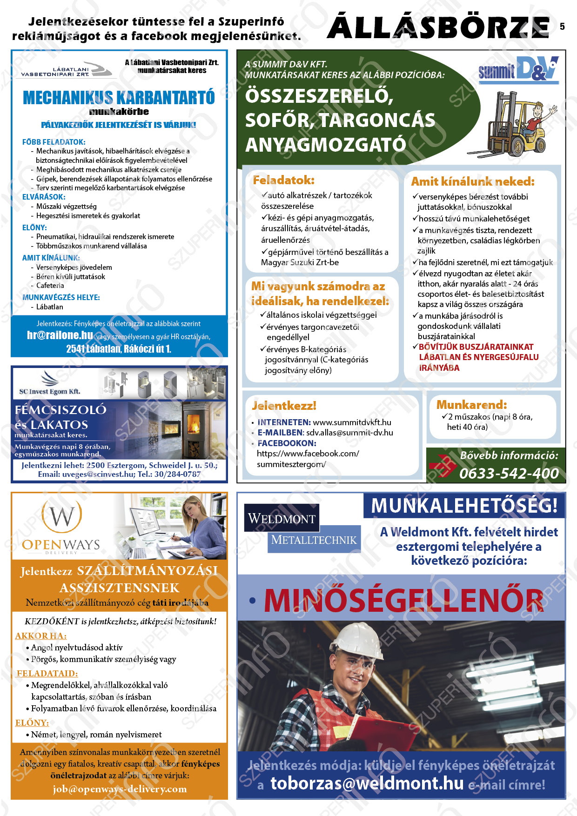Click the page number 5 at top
click(562, 27)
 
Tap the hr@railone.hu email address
click(60, 335)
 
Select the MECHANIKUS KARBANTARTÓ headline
click(119, 98)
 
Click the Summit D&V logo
click(518, 70)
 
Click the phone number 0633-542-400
click(509, 473)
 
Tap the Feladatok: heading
click(283, 180)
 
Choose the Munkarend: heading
click(471, 404)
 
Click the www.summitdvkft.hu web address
click(352, 422)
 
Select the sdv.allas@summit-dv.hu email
click(349, 433)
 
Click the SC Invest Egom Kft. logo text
click(49, 391)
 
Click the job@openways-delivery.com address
click(120, 789)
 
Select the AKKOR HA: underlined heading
click(41, 635)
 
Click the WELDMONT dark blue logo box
click(282, 518)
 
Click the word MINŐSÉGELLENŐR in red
click(403, 601)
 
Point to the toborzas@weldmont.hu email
click(367, 783)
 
